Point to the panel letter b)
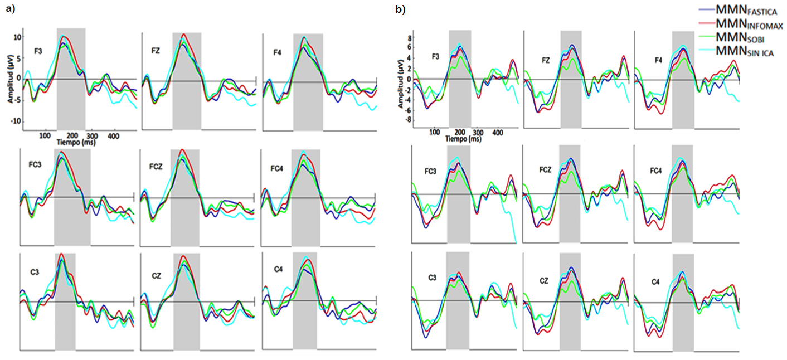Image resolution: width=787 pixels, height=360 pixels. [399, 9]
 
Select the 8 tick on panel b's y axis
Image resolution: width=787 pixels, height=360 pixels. [409, 38]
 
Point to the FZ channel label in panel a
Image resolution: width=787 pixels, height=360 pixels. [156, 50]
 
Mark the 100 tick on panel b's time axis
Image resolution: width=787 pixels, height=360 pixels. [434, 133]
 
